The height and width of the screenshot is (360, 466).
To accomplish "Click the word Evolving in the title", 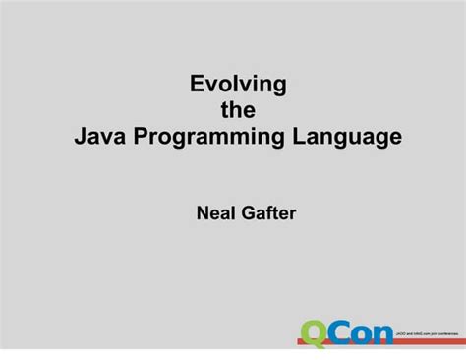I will pos(238,86).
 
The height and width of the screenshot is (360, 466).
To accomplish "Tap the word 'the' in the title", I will pos(237,111).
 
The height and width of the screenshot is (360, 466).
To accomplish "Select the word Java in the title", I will pos(99,137).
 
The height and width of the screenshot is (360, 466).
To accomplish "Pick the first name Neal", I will pos(215,213).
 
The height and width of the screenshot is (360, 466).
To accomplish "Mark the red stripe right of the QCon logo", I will pos(430,342).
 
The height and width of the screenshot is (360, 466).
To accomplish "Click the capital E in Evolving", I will pos(197,85).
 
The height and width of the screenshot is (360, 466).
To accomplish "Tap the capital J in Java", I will pos(81,137).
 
